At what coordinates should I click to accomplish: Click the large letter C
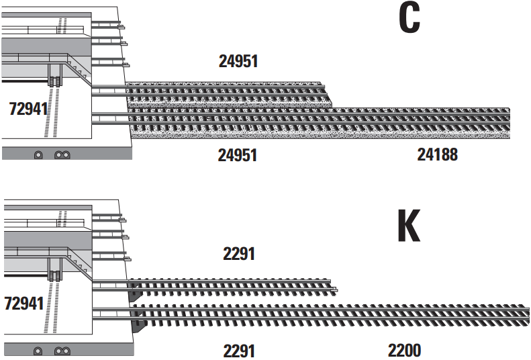(409, 19)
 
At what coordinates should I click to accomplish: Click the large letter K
(409, 225)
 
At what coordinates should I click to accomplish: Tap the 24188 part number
(437, 154)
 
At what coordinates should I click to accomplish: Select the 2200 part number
(404, 351)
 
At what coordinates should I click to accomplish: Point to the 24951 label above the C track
(238, 61)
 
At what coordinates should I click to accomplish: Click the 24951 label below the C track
(238, 155)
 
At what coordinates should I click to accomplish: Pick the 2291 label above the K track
(239, 254)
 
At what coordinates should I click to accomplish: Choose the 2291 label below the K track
(239, 351)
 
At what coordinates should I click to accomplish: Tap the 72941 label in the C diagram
(28, 109)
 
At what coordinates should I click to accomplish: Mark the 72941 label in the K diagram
(24, 304)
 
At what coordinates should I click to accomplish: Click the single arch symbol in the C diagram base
(38, 155)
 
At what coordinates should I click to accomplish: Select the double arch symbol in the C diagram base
(62, 155)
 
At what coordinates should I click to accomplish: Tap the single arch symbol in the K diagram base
(38, 351)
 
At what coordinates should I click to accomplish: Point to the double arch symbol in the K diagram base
(62, 351)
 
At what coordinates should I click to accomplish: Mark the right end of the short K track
(335, 289)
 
